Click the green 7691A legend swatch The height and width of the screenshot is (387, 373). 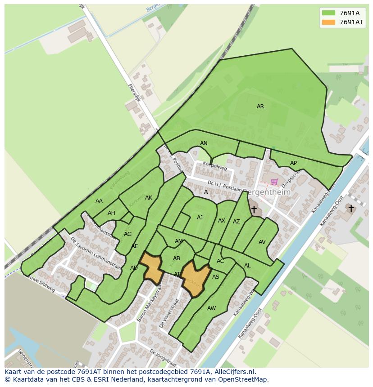point(329,13)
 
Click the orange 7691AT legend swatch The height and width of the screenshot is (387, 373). point(329,22)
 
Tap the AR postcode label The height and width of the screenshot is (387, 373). point(260,107)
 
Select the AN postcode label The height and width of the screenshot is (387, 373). point(204,143)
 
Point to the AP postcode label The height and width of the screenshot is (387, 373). point(293,163)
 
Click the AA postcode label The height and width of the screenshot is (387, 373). point(99,201)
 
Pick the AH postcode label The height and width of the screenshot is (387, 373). point(111,213)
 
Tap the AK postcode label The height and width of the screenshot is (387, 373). point(149,198)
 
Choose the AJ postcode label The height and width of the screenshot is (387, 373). point(200,218)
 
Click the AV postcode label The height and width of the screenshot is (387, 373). point(262,242)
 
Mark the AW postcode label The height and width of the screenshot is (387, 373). point(212,308)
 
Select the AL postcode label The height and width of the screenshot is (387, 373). point(247,266)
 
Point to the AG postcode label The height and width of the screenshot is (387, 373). point(127,234)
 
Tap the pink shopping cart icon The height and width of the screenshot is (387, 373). point(274,182)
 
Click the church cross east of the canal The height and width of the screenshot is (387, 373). point(351,209)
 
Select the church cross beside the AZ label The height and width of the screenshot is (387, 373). point(254,209)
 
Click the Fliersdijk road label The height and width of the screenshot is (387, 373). point(134,93)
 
